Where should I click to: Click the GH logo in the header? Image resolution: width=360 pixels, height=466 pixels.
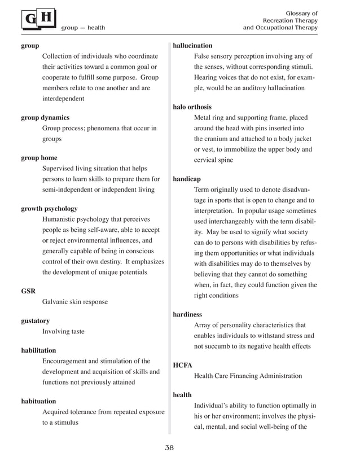39,20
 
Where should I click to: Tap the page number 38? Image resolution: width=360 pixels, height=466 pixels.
169,448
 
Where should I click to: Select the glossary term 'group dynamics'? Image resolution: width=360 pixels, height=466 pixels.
45,118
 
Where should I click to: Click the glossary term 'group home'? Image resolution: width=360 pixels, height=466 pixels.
39,158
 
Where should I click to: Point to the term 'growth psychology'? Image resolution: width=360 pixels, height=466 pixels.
49,209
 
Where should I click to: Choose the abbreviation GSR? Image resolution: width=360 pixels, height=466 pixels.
28,291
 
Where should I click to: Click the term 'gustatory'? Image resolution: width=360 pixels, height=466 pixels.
35,321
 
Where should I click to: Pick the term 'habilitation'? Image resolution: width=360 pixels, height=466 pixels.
38,350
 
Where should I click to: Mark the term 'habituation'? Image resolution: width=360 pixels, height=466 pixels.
38,401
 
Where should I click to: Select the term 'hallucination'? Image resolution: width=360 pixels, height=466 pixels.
192,45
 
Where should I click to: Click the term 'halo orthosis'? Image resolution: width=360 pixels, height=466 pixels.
192,107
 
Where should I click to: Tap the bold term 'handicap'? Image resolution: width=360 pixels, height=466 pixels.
187,179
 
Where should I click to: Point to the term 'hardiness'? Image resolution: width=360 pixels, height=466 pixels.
187,314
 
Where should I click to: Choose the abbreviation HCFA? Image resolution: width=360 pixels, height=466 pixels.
182,365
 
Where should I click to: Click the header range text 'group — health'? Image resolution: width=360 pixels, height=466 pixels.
83,28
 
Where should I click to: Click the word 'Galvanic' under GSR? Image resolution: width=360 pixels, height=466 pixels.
55,302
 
